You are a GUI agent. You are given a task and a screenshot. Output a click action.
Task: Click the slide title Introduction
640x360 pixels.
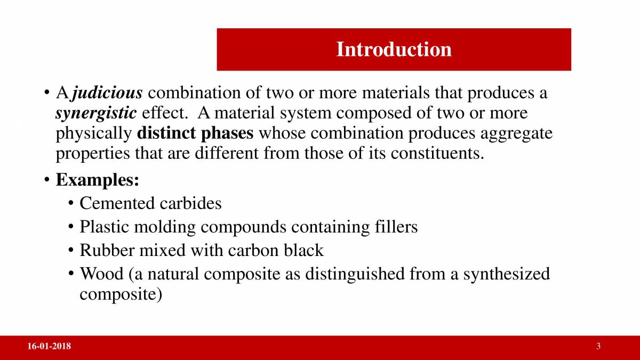pyautogui.click(x=394, y=49)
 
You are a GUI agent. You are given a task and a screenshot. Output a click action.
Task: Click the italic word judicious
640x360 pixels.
pyautogui.click(x=107, y=93)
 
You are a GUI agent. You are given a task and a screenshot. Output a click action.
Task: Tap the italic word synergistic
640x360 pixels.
pyautogui.click(x=97, y=114)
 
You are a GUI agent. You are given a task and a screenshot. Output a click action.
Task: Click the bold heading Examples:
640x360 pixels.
pyautogui.click(x=98, y=180)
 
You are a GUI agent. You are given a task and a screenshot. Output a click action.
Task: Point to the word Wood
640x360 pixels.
pyautogui.click(x=102, y=274)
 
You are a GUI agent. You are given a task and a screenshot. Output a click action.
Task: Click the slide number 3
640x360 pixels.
pyautogui.click(x=598, y=347)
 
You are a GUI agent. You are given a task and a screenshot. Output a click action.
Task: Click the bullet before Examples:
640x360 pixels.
pyautogui.click(x=47, y=180)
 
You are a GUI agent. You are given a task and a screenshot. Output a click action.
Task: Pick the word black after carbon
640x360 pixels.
pyautogui.click(x=303, y=251)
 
